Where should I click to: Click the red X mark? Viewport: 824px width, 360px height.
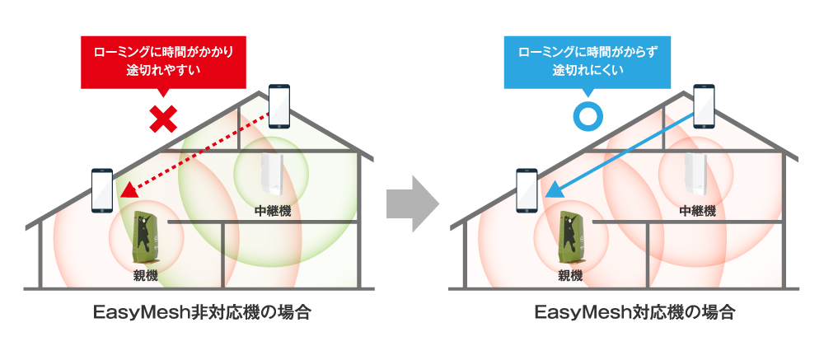[x=164, y=119]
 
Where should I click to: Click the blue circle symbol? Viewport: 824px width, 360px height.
[x=587, y=118]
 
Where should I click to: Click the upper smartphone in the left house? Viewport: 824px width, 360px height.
[x=280, y=106]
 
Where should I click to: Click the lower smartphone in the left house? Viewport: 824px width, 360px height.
[x=102, y=190]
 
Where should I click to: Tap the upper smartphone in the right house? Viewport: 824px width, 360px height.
[x=705, y=106]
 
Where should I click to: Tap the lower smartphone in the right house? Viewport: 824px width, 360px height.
[x=527, y=190]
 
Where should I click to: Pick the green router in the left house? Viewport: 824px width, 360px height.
[x=146, y=234]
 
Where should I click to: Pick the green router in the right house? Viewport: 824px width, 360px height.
[x=570, y=234]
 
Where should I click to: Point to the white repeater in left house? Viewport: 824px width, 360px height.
[x=270, y=175]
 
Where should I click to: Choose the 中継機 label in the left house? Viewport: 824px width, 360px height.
[x=272, y=211]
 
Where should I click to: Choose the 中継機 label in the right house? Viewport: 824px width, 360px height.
[x=697, y=211]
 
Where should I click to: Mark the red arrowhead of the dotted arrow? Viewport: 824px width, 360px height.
[x=126, y=192]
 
